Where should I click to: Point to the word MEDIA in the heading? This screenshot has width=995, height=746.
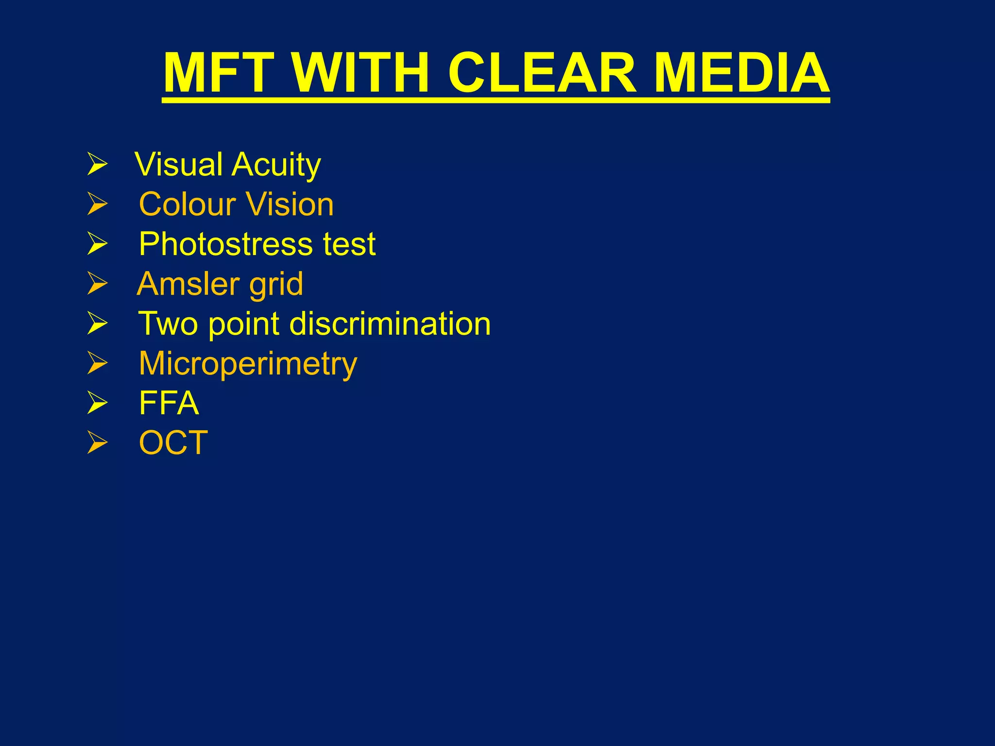point(741,73)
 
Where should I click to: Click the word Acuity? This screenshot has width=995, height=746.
point(276,166)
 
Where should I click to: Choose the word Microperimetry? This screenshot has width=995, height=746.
point(248,364)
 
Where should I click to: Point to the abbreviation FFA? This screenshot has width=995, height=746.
point(169,403)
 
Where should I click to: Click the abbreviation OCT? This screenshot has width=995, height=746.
point(173,443)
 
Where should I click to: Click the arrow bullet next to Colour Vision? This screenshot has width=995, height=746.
point(97,204)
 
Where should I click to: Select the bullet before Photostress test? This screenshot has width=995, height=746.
point(97,244)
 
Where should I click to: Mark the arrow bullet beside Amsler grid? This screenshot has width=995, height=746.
point(97,284)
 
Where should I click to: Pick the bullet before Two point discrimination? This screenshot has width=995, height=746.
point(97,323)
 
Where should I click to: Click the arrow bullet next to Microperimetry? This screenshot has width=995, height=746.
point(97,363)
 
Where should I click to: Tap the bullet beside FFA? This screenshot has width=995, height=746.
point(97,403)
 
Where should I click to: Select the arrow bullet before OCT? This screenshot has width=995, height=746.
point(97,443)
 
